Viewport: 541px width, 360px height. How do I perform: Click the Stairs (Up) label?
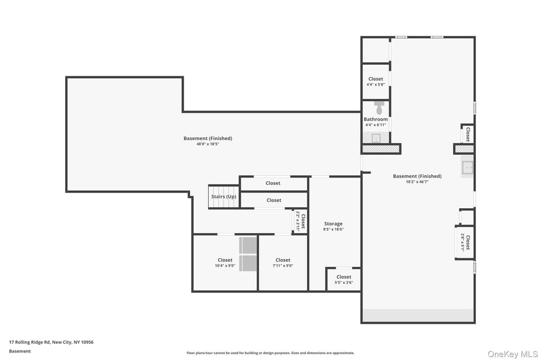click(223, 197)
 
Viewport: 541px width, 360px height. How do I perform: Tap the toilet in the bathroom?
click(379, 108)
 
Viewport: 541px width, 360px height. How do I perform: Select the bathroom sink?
click(376, 138)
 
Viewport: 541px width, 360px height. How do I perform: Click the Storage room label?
click(333, 224)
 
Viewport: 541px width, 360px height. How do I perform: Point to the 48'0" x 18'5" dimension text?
click(208, 144)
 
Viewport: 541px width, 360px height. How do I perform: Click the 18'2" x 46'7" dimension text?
click(417, 181)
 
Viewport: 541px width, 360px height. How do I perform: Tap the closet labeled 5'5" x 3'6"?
click(343, 280)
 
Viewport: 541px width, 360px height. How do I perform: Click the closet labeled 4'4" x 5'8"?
click(375, 81)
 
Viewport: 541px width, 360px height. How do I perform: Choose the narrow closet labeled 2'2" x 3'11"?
click(300, 222)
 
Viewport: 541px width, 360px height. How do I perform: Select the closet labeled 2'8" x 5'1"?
click(465, 242)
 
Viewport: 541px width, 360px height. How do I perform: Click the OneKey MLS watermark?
click(512, 354)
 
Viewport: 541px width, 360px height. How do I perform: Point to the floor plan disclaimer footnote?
click(270, 352)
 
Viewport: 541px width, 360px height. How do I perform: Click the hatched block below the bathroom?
click(381, 149)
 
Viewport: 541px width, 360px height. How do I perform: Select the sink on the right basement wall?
click(468, 167)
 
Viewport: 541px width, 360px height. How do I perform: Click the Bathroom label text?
click(376, 119)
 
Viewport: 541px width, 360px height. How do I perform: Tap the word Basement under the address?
click(20, 351)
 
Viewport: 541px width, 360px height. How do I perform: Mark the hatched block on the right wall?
click(464, 149)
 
